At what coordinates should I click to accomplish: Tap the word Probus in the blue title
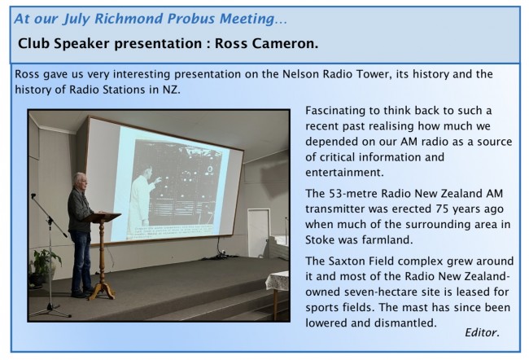(191, 19)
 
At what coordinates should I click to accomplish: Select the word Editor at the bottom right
(482, 332)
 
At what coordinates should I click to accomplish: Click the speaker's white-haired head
(81, 181)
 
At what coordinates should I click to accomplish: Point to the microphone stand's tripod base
(50, 311)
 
